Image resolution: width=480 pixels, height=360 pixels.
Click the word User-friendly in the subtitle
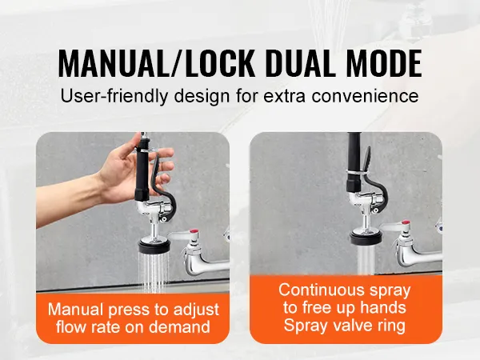pos(114,96)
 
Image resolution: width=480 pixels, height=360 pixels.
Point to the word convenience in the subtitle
pos(366,96)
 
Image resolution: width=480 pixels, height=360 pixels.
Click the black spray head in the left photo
pos(154,246)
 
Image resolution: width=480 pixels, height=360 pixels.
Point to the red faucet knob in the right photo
pos(406,222)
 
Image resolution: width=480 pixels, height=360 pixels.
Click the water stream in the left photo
pos(154,272)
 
